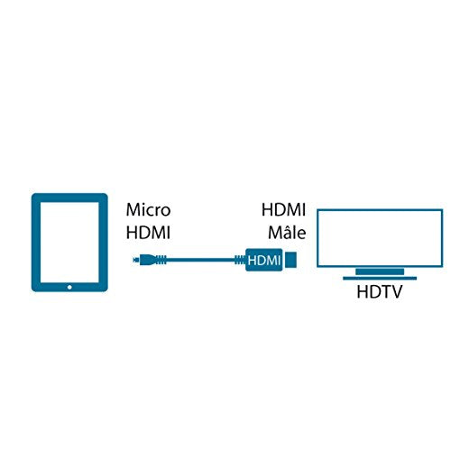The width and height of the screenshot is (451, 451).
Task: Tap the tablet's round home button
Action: [69, 287]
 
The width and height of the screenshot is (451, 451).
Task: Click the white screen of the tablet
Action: [69, 243]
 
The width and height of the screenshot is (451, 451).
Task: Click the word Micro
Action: [148, 209]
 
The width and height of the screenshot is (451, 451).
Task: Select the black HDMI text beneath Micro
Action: [148, 233]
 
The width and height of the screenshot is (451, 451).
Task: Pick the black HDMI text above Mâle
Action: [283, 209]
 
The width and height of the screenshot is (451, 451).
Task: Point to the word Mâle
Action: [287, 232]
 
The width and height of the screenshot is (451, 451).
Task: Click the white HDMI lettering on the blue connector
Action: [264, 261]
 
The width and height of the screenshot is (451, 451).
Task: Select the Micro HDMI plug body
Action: [146, 260]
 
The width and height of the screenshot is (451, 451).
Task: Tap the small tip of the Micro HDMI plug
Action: [136, 260]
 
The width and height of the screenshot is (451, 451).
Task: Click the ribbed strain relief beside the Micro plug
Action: [161, 260]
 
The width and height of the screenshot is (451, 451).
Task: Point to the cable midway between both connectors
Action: [200, 260]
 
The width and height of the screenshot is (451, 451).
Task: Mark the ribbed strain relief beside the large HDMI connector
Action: [240, 260]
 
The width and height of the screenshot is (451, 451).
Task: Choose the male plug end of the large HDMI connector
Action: [290, 260]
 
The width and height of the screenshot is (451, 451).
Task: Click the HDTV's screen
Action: [380, 238]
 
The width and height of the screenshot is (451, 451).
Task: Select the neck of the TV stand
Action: [380, 272]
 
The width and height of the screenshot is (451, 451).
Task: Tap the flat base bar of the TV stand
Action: [380, 278]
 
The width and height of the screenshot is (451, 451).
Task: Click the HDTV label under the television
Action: [379, 291]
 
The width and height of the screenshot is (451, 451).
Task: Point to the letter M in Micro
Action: [133, 210]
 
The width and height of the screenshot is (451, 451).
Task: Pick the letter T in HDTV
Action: [384, 291]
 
